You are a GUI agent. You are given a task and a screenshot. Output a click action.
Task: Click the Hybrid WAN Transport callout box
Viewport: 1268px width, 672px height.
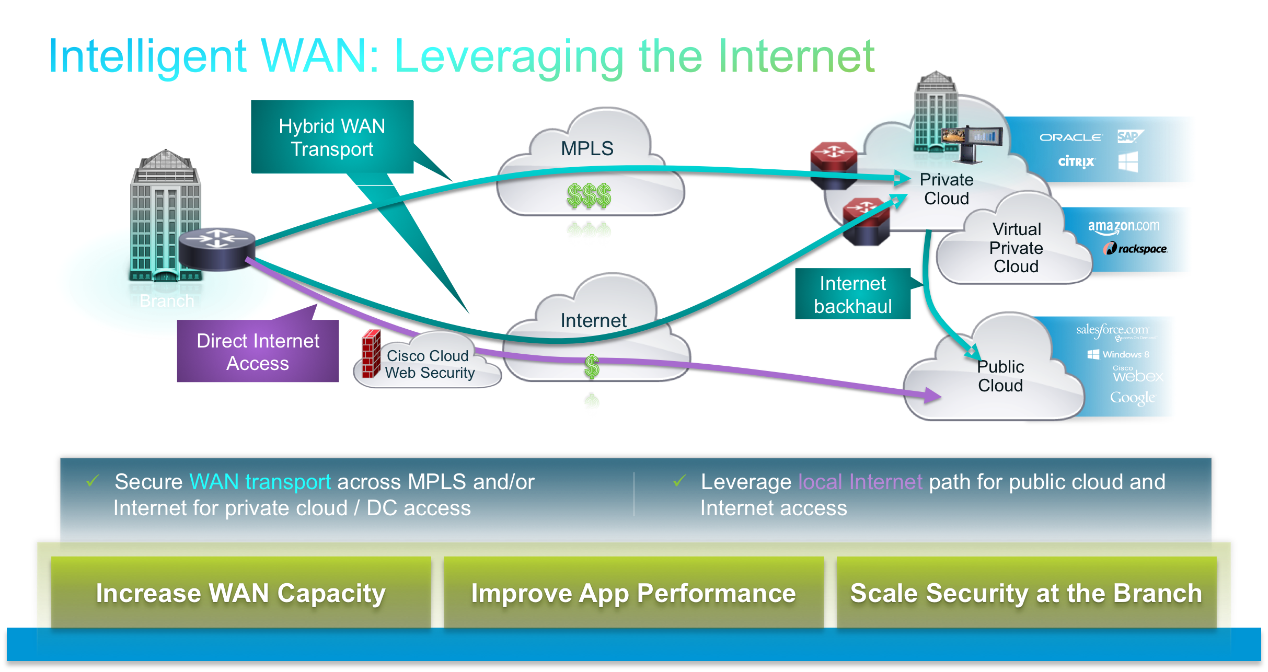pos(332,137)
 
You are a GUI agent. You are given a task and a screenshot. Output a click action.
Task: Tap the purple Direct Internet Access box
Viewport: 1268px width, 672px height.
pos(258,352)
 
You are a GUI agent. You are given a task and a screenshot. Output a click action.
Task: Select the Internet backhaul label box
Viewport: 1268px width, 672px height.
pos(852,294)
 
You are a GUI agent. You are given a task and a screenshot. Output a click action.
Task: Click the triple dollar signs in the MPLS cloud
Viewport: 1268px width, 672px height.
pos(589,195)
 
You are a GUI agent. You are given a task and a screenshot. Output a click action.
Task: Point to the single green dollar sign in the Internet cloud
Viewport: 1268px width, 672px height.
pos(592,366)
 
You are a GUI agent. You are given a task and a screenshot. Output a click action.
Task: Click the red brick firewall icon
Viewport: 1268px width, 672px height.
pos(371,354)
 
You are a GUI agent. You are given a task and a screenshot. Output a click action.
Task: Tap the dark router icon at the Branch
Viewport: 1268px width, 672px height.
pos(217,249)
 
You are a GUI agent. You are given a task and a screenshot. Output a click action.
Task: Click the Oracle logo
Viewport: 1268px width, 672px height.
pos(1071,137)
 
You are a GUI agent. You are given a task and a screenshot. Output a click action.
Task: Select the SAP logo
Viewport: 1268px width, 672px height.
pos(1129,137)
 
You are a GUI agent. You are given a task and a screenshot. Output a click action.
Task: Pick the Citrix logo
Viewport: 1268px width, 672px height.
pos(1076,161)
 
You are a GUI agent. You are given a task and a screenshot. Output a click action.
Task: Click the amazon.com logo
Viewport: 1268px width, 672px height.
pos(1123,227)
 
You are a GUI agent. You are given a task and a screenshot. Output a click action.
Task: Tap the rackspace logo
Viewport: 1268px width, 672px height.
pos(1136,249)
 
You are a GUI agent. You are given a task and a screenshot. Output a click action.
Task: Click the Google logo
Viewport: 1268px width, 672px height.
pos(1133,398)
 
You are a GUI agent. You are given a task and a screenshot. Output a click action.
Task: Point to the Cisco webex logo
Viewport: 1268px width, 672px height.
pos(1137,375)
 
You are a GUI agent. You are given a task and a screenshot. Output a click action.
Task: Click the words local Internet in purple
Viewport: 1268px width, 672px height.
pos(860,482)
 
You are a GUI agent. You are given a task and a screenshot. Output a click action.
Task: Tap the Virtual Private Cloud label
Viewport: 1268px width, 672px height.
pos(1016,248)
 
